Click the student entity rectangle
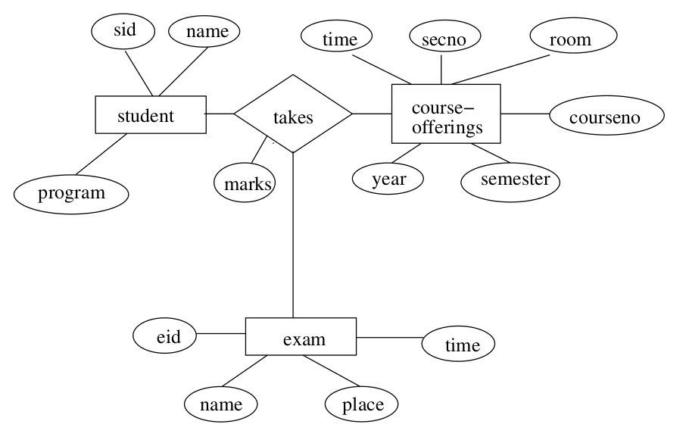(x=150, y=115)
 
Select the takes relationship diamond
(x=293, y=114)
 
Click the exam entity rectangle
(x=301, y=337)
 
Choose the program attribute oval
(x=71, y=194)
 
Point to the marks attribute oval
(x=245, y=183)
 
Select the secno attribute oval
(x=441, y=36)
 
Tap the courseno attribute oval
(x=606, y=117)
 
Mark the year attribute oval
(x=388, y=179)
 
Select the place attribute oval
(x=362, y=404)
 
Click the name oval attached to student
(x=204, y=32)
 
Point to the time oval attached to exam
(x=458, y=345)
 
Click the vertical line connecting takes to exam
(x=293, y=235)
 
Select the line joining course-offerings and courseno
(x=525, y=114)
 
